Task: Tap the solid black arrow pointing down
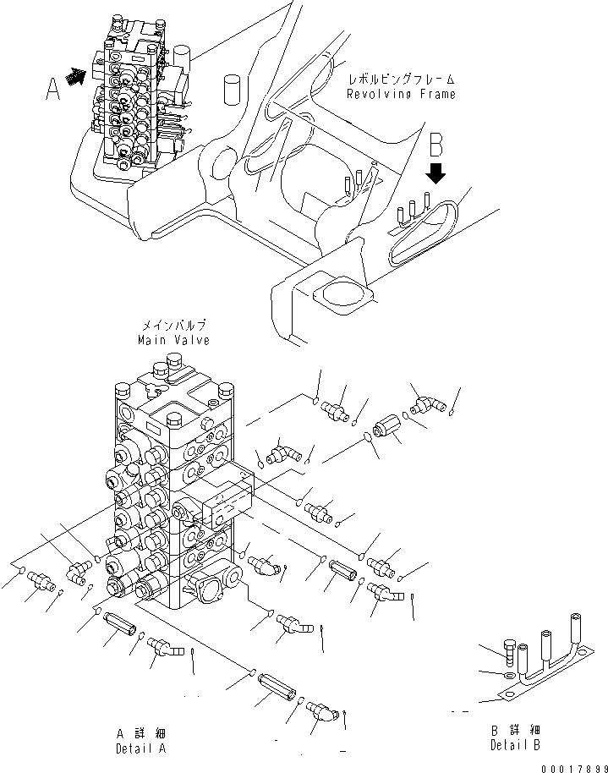tap(436, 174)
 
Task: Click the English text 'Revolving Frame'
tap(401, 94)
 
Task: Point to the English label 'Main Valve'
tap(173, 340)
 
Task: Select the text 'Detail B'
tap(515, 744)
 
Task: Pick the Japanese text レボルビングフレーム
tap(401, 80)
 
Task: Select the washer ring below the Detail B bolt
tap(505, 677)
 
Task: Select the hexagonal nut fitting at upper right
tap(388, 425)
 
